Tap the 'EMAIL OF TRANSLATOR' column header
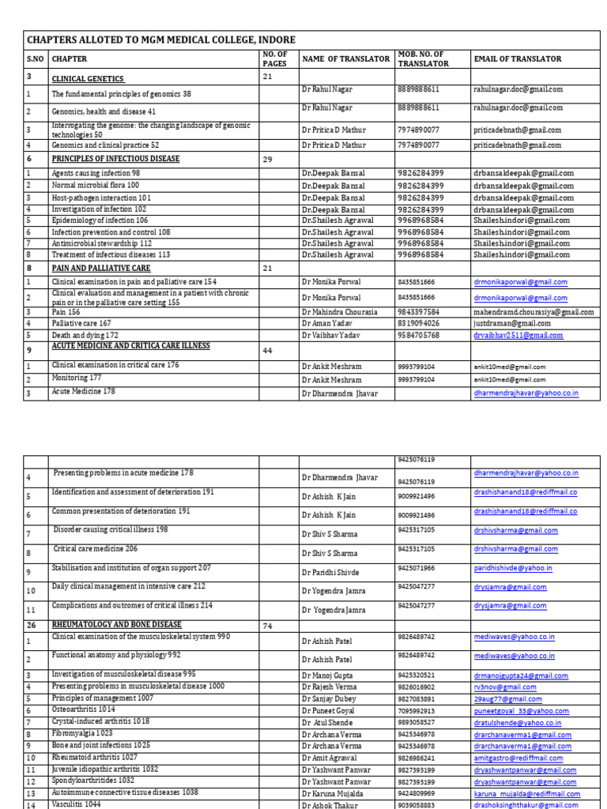pyautogui.click(x=517, y=58)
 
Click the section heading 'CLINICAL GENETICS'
pyautogui.click(x=88, y=79)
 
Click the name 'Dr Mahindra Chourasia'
pyautogui.click(x=339, y=311)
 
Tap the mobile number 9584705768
pyautogui.click(x=419, y=335)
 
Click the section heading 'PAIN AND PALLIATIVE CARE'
pyautogui.click(x=100, y=269)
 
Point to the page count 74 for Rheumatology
pyautogui.click(x=269, y=625)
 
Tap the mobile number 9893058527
pyautogui.click(x=416, y=700)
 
